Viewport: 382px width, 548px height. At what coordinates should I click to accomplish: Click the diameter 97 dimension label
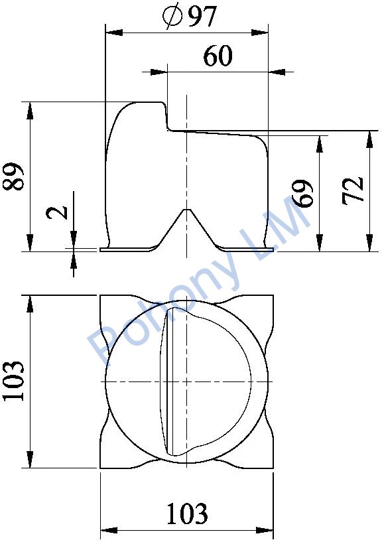[x=190, y=16]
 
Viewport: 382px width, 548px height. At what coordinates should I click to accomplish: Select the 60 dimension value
[x=218, y=56]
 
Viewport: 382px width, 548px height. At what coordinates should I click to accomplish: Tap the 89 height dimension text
[x=14, y=176]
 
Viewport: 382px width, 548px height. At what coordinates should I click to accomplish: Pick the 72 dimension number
[x=353, y=191]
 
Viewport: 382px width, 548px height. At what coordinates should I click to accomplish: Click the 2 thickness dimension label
[x=58, y=212]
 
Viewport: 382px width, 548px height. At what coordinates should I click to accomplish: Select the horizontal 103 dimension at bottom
[x=187, y=514]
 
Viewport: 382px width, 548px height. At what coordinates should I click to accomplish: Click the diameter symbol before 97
[x=172, y=16]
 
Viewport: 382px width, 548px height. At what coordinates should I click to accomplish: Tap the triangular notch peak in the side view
[x=187, y=210]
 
